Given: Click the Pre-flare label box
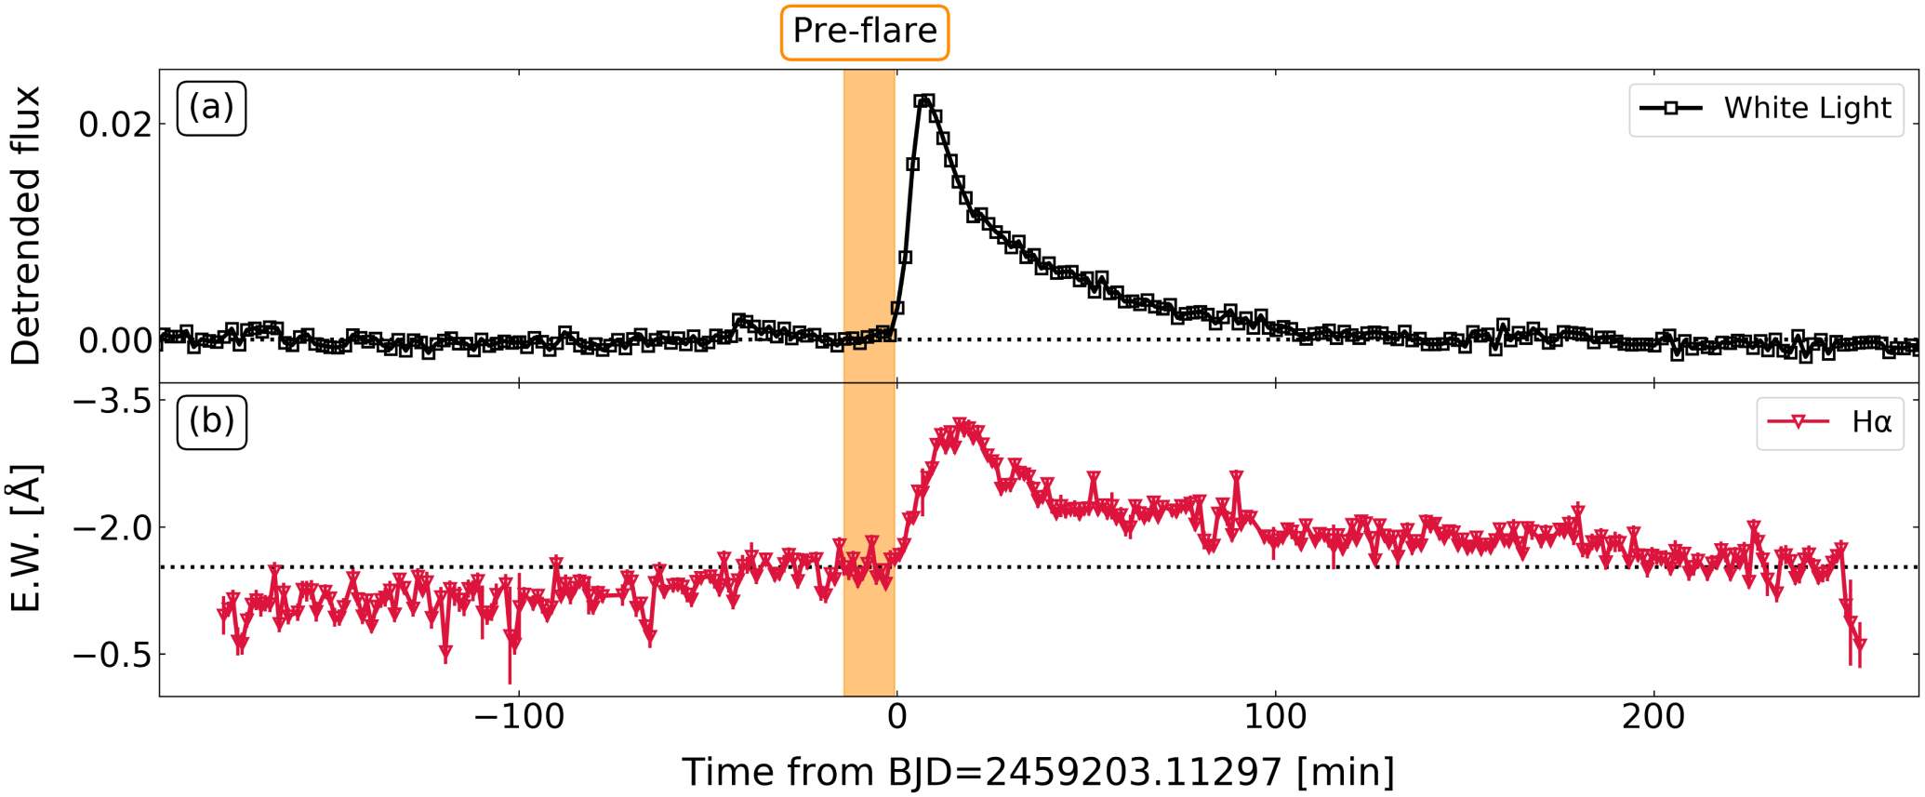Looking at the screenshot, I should pyautogui.click(x=864, y=33).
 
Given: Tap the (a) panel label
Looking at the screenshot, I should pyautogui.click(x=211, y=108).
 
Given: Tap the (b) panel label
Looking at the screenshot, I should pyautogui.click(x=211, y=422).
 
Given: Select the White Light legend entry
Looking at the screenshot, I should pyautogui.click(x=1765, y=109).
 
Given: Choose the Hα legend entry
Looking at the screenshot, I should pyautogui.click(x=1829, y=423).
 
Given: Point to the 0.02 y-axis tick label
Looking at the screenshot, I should pyautogui.click(x=114, y=125).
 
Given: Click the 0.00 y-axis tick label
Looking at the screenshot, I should pyautogui.click(x=114, y=341).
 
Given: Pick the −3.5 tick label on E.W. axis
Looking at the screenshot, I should pyautogui.click(x=112, y=402).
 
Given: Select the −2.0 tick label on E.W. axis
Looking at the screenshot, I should pyautogui.click(x=112, y=528).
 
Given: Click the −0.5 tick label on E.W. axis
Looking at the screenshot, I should pyautogui.click(x=112, y=655).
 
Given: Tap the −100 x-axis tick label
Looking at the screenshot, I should pyautogui.click(x=518, y=718).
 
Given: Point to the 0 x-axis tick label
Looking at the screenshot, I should pyautogui.click(x=896, y=718).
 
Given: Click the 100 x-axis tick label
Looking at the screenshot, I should pyautogui.click(x=1275, y=718).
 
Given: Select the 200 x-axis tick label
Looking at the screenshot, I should pyautogui.click(x=1653, y=718).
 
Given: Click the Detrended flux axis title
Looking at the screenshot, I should pyautogui.click(x=26, y=226).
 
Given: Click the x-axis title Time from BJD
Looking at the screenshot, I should pyautogui.click(x=1038, y=773).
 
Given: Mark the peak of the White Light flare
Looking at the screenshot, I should pyautogui.click(x=923, y=100).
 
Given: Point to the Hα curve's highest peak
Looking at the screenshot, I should pyautogui.click(x=962, y=425).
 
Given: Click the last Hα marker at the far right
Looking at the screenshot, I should pyautogui.click(x=1860, y=644).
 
